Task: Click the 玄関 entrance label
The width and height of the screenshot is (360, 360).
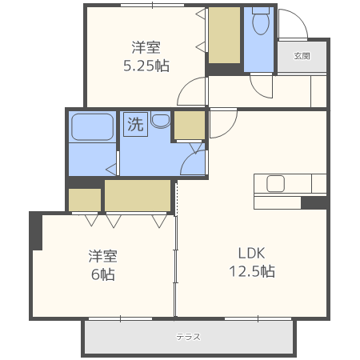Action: (x=302, y=56)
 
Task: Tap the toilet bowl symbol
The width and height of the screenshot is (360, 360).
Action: (x=261, y=21)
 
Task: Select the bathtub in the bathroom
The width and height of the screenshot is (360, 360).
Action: (x=92, y=127)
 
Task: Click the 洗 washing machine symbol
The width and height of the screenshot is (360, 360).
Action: (x=135, y=124)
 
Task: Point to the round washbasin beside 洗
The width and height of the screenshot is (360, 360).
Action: (x=161, y=119)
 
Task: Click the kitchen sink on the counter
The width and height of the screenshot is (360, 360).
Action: (x=275, y=183)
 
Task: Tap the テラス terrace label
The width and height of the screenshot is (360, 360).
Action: (x=188, y=337)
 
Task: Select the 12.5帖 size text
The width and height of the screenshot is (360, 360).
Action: (x=252, y=271)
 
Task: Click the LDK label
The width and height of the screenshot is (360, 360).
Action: (x=251, y=253)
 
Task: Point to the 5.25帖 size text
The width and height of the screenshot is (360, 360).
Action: (x=146, y=66)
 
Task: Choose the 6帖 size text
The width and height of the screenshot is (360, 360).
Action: (x=103, y=274)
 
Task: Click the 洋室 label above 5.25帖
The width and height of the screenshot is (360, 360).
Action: (x=146, y=47)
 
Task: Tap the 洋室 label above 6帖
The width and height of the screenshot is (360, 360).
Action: (x=103, y=256)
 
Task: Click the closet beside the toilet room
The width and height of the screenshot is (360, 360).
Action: (x=224, y=35)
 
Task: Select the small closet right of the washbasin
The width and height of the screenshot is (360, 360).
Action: (x=190, y=125)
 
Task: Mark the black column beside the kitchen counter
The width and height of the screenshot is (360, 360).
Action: (x=314, y=202)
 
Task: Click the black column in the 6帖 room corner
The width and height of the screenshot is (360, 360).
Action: (x=36, y=231)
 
